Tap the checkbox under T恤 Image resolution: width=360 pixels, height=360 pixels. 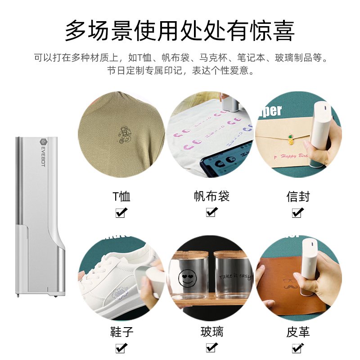click(121, 212)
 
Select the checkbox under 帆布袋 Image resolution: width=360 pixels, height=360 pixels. click(211, 212)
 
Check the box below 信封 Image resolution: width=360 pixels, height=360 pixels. click(297, 212)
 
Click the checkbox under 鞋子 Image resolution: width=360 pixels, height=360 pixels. click(121, 347)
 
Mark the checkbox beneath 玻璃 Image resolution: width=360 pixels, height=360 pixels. click(211, 347)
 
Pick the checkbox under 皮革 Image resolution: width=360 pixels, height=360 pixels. click(297, 347)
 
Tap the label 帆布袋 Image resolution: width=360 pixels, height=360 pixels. click(211, 196)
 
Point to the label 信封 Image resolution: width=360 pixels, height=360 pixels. click(298, 197)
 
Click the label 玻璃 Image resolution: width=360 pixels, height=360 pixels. click(211, 332)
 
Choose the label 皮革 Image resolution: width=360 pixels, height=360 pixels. click(298, 332)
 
